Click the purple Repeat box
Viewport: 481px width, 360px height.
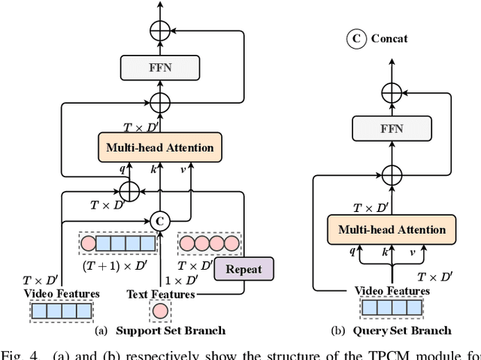[x=244, y=269]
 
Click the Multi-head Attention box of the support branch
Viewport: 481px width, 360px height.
[x=160, y=147]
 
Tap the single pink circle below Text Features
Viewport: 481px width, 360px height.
[x=160, y=310]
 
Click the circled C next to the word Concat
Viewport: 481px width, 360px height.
[x=355, y=38]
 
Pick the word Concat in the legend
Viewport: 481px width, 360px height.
[x=389, y=38]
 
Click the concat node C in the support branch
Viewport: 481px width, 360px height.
[x=159, y=221]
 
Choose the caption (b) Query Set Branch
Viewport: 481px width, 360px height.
[x=392, y=331]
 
